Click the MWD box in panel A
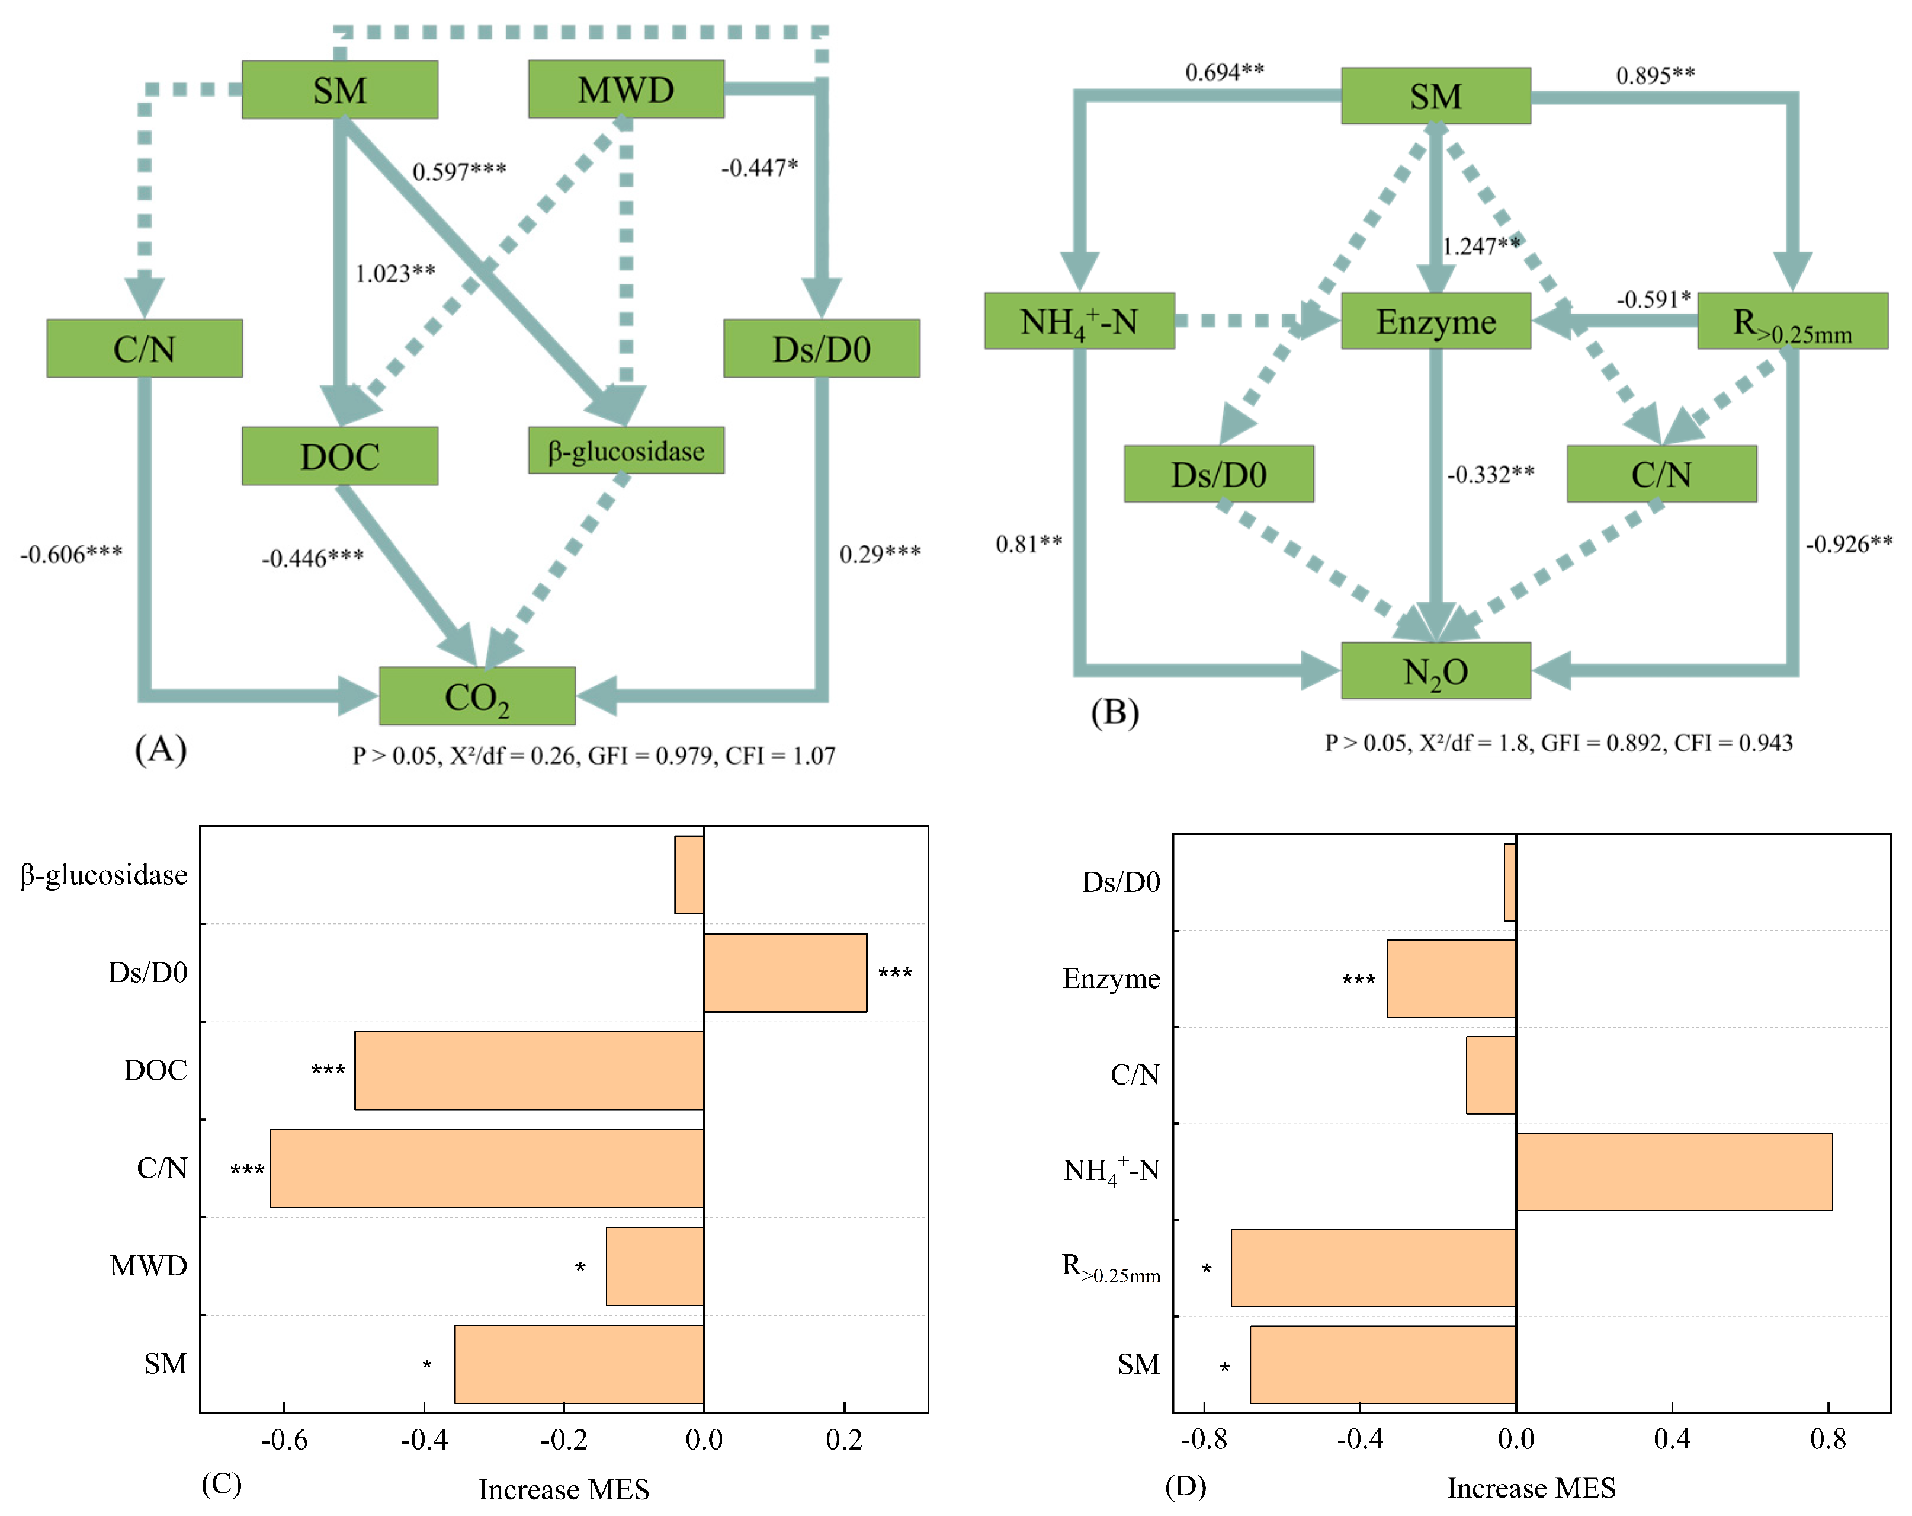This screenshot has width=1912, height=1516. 625,89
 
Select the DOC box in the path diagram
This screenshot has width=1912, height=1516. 339,456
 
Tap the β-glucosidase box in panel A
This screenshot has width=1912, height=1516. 625,450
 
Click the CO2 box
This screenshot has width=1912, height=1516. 477,696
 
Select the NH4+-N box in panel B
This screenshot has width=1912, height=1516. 1079,321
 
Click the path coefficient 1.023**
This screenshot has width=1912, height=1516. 394,273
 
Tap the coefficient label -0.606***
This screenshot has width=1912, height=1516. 71,554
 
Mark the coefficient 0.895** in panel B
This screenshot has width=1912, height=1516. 1655,75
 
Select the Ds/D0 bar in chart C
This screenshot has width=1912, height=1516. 785,972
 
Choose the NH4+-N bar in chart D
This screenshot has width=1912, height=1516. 1673,1171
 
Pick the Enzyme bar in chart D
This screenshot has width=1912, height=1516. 1451,978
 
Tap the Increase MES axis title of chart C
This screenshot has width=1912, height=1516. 563,1489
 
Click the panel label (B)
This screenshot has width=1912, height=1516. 1114,712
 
